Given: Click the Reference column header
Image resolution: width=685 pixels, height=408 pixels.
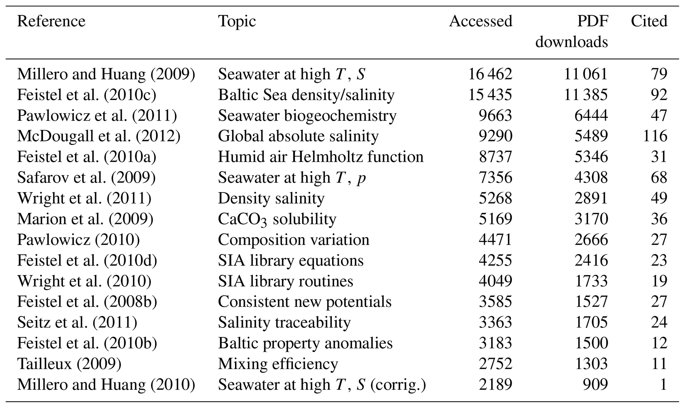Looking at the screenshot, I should pyautogui.click(x=51, y=22).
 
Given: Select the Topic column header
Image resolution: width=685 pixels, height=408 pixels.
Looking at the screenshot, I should pyautogui.click(x=237, y=22).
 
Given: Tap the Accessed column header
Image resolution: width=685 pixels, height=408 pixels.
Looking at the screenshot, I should pyautogui.click(x=481, y=22).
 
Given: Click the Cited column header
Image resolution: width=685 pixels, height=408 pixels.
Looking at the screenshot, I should pyautogui.click(x=649, y=22).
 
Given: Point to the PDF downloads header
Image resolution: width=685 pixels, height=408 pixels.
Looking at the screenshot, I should pyautogui.click(x=572, y=32).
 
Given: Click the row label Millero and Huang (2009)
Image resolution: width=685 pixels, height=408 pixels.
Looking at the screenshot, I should pyautogui.click(x=106, y=74).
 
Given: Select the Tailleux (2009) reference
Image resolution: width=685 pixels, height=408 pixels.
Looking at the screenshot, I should pyautogui.click(x=69, y=364).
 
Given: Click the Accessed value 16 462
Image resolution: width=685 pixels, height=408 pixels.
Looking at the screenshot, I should pyautogui.click(x=490, y=74).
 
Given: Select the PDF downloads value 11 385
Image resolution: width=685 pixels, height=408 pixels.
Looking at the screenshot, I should pyautogui.click(x=586, y=95).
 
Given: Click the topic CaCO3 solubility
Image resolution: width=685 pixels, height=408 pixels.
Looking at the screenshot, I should pyautogui.click(x=277, y=219).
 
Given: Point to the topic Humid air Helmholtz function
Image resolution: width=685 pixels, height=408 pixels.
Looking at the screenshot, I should pyautogui.click(x=320, y=157).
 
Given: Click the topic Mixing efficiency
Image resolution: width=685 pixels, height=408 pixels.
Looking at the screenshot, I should pyautogui.click(x=278, y=364).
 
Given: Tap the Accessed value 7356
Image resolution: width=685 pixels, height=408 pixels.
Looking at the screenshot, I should pyautogui.click(x=495, y=178).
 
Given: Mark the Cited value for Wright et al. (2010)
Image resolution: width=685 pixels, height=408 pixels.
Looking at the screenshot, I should pyautogui.click(x=658, y=281).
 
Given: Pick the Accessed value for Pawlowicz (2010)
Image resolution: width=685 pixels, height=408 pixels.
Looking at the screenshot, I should pyautogui.click(x=495, y=240).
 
